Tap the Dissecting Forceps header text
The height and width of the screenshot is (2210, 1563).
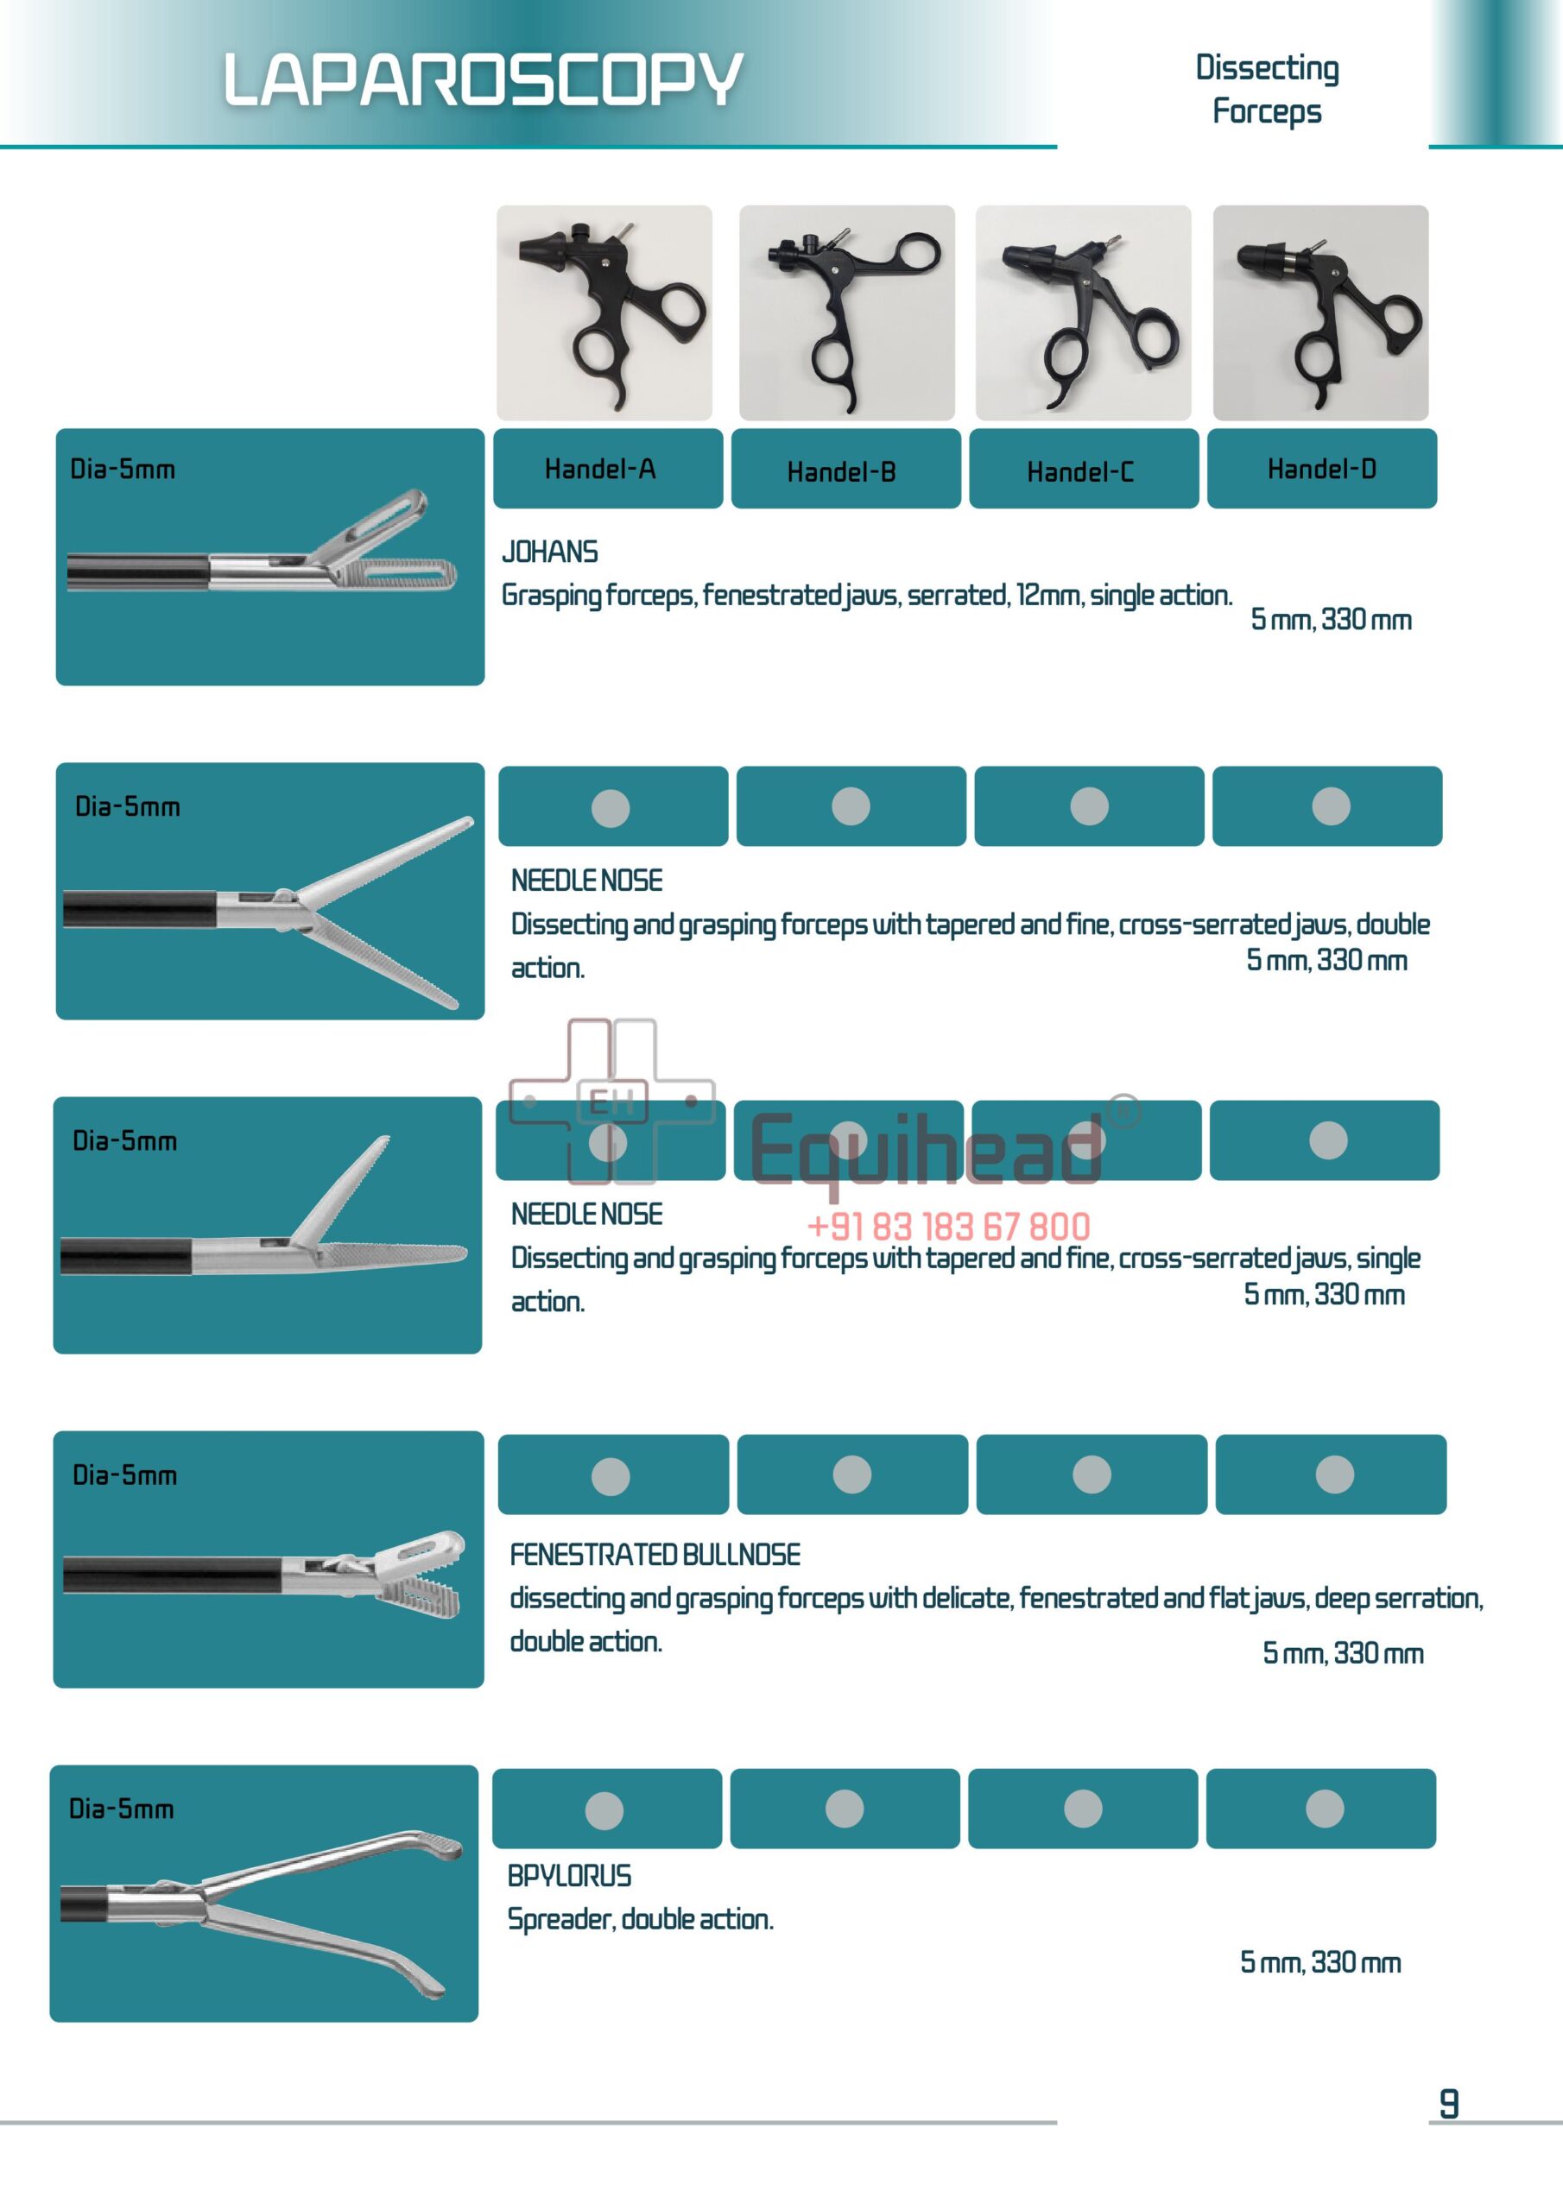pos(1267,89)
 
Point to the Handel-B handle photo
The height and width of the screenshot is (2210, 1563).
pos(846,312)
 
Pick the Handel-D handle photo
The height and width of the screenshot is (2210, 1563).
pos(1319,312)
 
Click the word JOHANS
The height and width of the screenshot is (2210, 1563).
pos(550,552)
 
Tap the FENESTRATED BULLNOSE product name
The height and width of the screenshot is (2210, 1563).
pos(655,1555)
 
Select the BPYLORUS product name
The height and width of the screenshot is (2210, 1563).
pos(569,1876)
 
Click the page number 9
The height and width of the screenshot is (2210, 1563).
pos(1448,2104)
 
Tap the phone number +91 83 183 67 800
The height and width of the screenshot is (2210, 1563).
pos(947,1226)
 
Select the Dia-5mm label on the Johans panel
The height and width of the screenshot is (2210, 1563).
pos(123,470)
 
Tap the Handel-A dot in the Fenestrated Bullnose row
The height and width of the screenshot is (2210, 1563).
pos(611,1475)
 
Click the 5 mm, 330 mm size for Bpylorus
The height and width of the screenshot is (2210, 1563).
pos(1319,1961)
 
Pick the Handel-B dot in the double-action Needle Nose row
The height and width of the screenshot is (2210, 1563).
pos(851,806)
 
